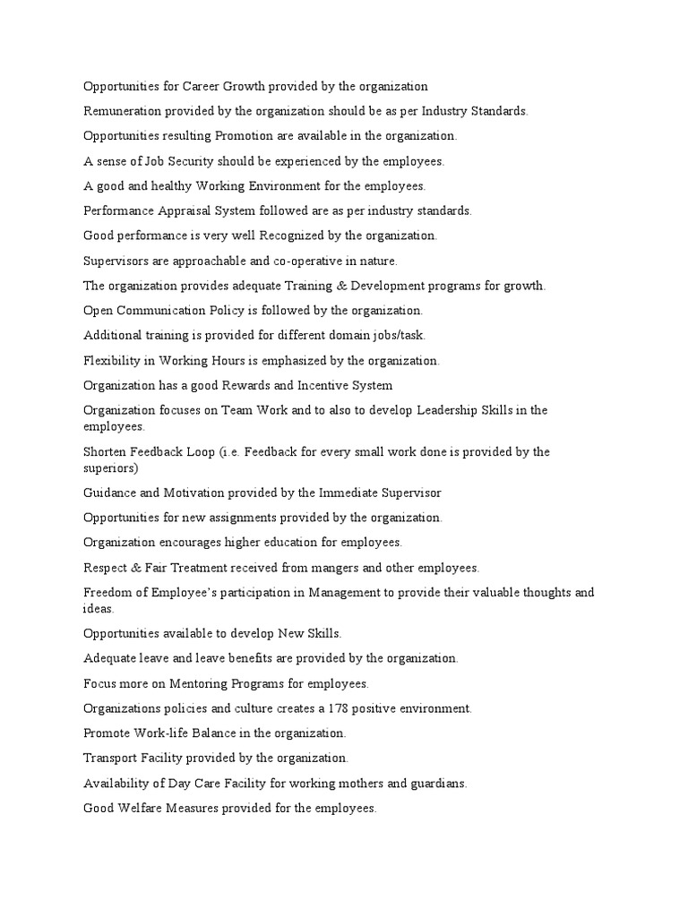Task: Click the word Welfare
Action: point(141,808)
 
